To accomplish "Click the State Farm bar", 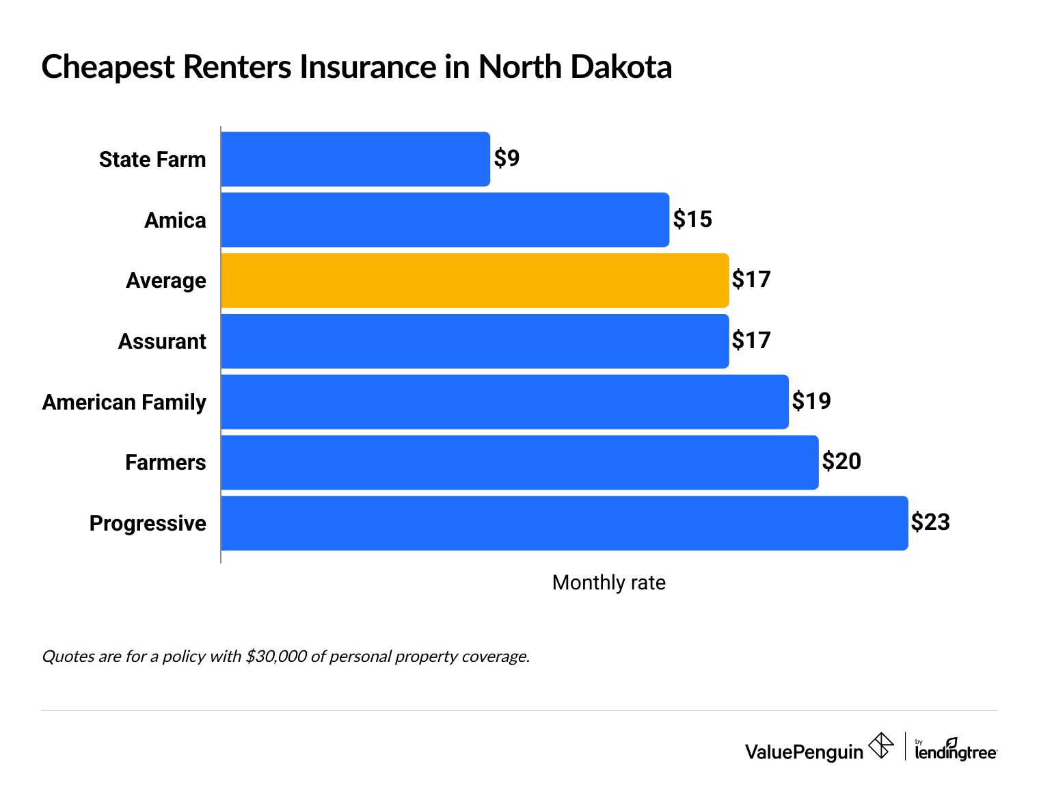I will point(355,159).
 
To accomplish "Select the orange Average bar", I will point(475,280).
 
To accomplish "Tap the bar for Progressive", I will point(565,523).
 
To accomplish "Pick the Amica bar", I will point(445,219).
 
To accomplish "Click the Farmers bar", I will point(519,462).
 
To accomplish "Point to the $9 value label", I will point(507,159).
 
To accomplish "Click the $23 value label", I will point(930,522).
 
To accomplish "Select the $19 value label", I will point(811,401).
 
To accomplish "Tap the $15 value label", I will point(692,219).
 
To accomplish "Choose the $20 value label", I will point(841,462).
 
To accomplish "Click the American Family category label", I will point(124,402).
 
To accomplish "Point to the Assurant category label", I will point(162,341).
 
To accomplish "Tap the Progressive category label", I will point(148,523).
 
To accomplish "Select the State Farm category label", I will point(152,159).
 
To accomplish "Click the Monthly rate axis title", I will point(608,583).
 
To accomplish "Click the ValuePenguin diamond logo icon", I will point(880,745).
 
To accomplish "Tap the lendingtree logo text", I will point(956,751).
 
